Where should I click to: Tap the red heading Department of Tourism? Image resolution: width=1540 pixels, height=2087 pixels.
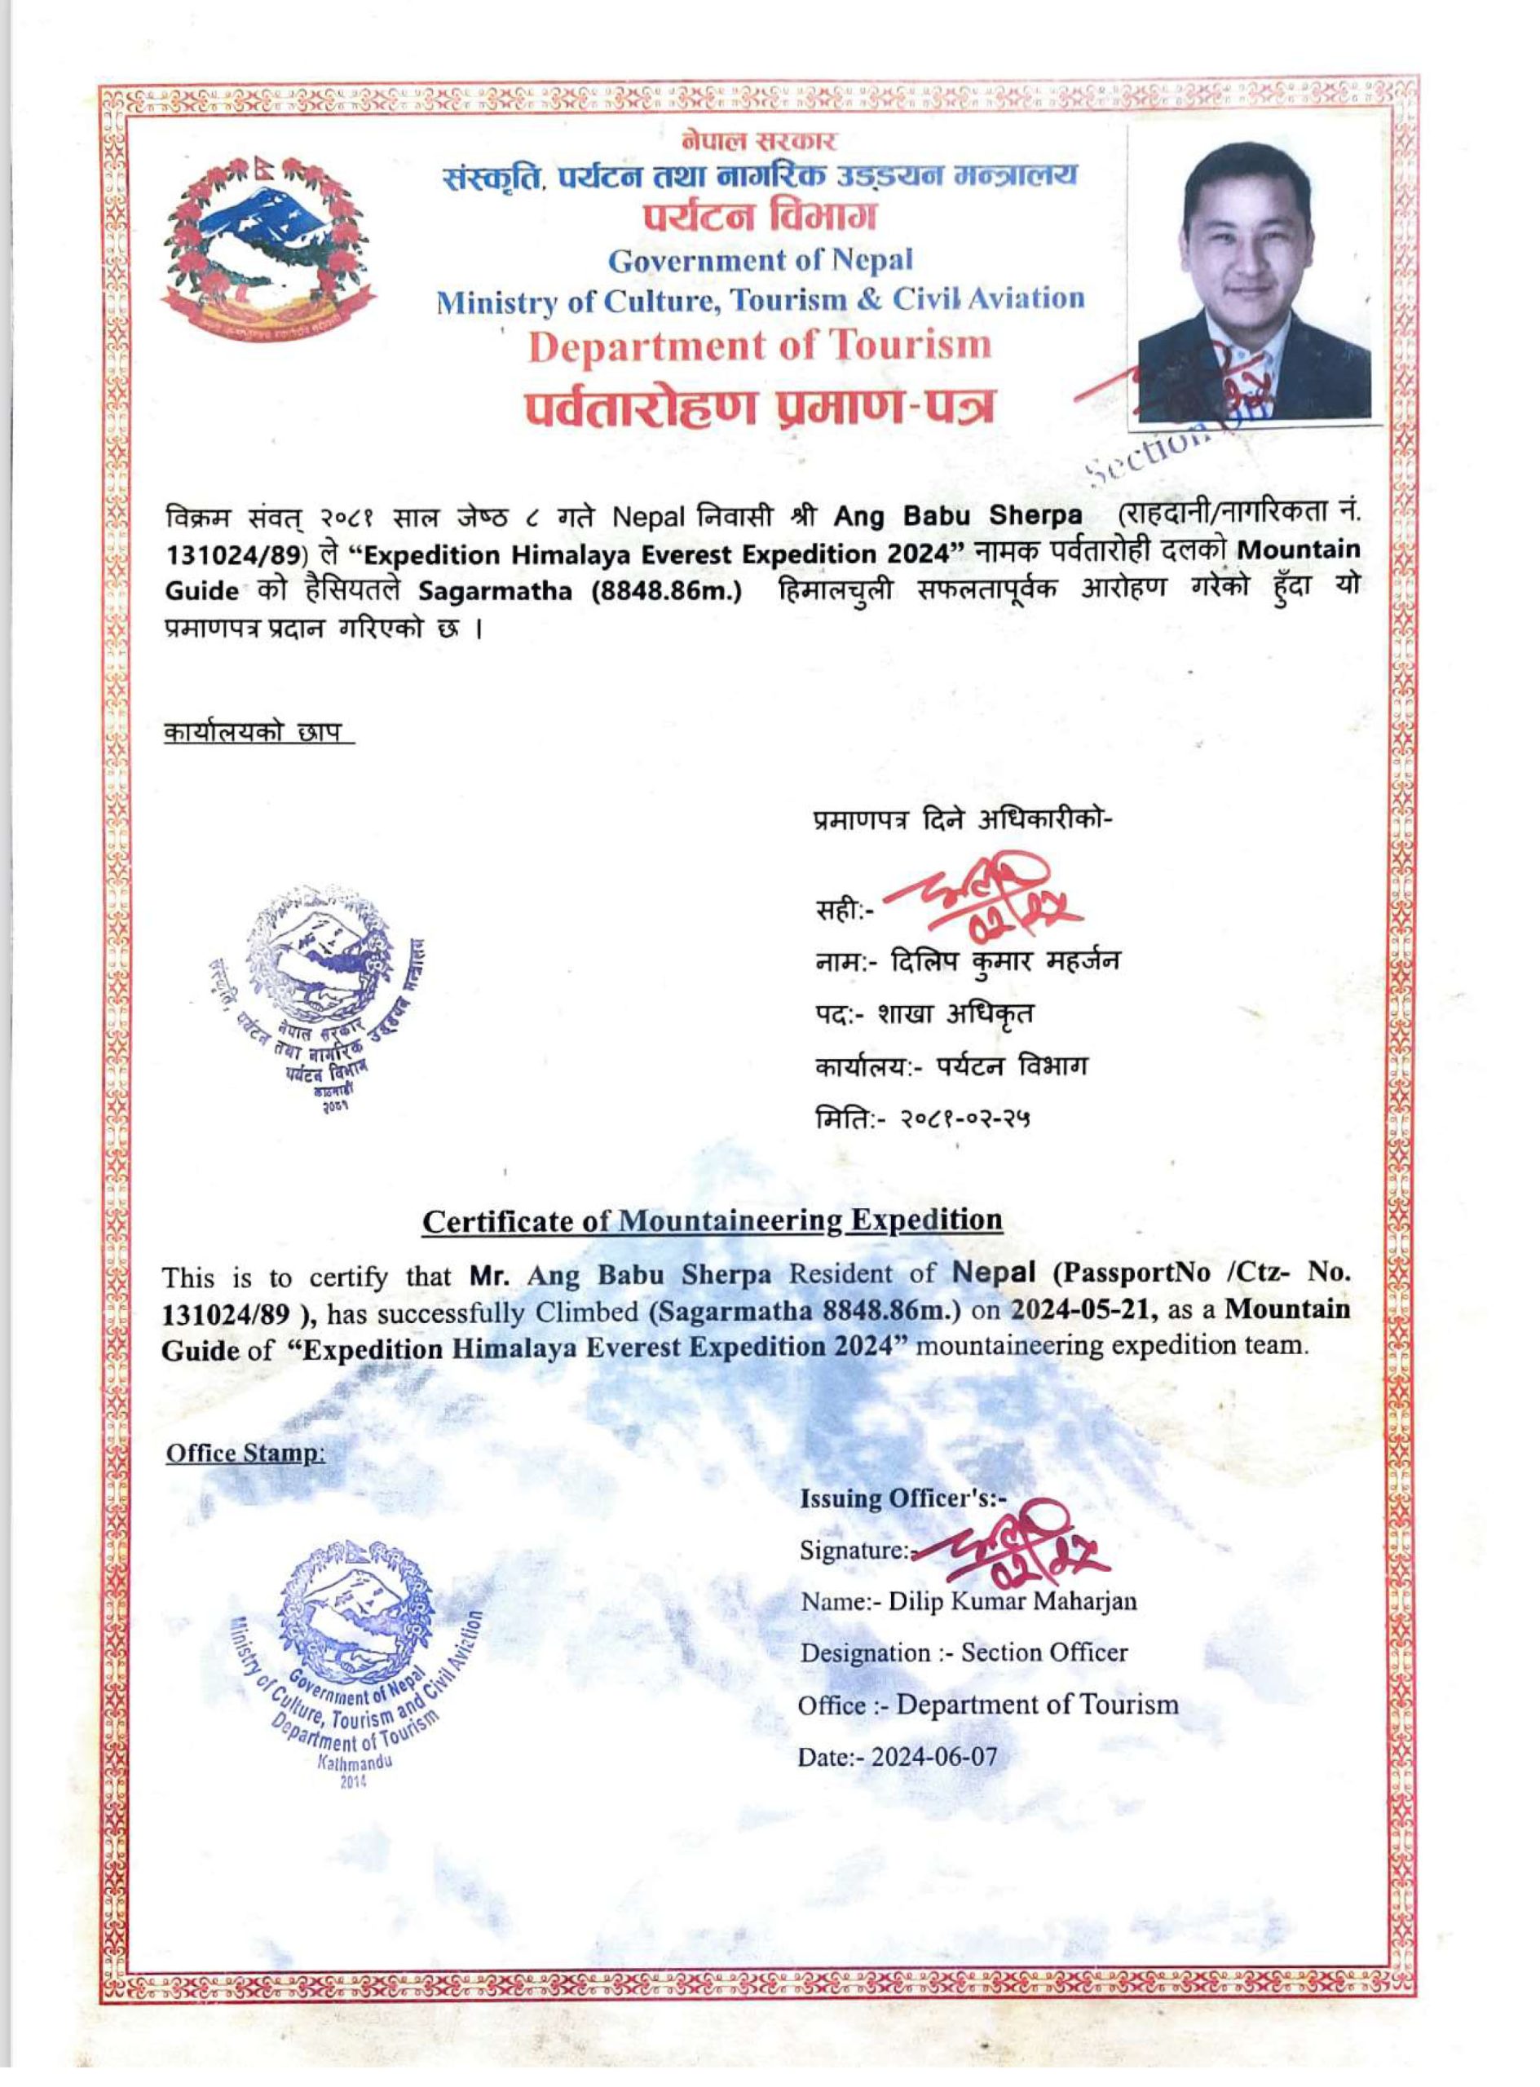tap(759, 346)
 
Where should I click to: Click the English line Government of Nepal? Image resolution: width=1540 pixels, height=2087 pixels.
tap(760, 260)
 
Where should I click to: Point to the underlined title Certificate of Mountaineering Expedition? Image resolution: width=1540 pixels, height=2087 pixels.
tap(713, 1220)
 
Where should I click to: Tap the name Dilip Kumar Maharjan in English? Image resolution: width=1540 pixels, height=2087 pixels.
tap(1012, 1601)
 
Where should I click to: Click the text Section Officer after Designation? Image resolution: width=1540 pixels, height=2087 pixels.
tap(1044, 1652)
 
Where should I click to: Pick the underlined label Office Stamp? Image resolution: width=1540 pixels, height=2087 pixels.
tap(245, 1454)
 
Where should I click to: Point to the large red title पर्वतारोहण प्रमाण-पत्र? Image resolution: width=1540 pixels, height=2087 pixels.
tap(758, 407)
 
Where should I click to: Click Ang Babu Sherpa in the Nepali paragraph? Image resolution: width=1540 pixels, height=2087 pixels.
tap(957, 515)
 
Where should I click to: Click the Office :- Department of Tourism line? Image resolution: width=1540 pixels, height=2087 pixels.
tap(987, 1705)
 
